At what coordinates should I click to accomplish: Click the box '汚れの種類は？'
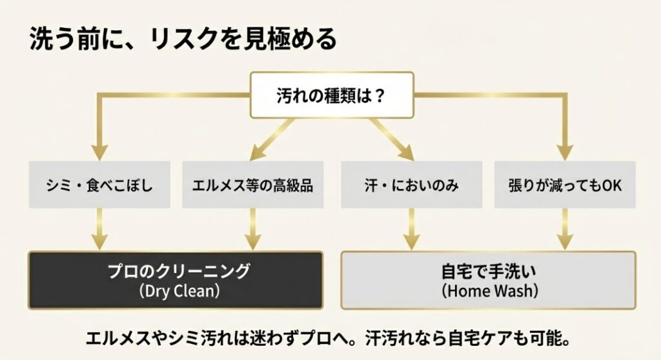[x=331, y=96]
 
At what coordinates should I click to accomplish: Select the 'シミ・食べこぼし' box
[x=99, y=185]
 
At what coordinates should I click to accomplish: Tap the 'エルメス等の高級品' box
[x=252, y=185]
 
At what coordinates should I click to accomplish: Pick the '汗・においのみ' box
[x=411, y=185]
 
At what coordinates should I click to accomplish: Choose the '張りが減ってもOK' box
[x=565, y=185]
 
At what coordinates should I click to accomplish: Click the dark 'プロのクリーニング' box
[x=175, y=280]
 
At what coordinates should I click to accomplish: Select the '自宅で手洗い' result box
[x=488, y=280]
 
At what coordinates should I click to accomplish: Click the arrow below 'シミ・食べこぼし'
[x=99, y=229]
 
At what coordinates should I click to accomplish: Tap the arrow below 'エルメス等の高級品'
[x=252, y=229]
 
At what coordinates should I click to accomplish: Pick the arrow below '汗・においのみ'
[x=411, y=229]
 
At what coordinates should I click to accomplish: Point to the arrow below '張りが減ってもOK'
[x=565, y=229]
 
